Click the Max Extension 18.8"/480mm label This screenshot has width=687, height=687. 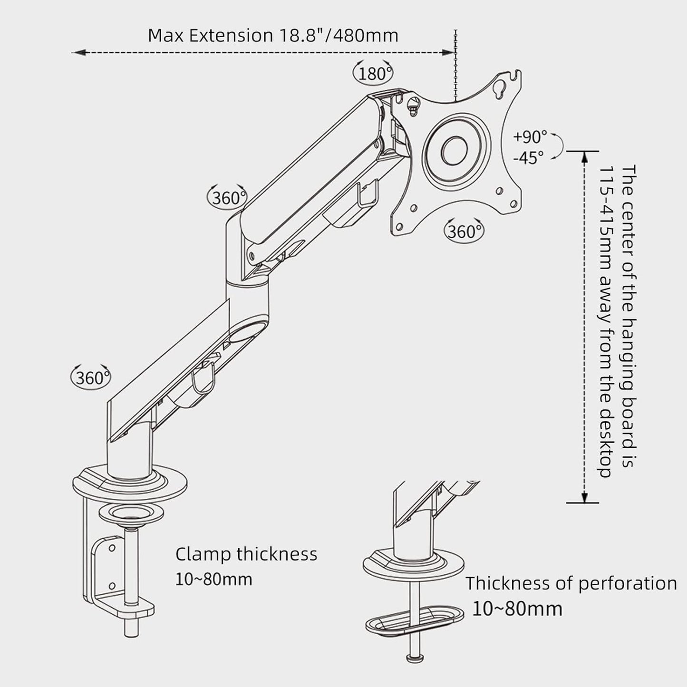273,36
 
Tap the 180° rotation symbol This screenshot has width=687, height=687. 374,73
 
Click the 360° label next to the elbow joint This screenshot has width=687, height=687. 227,197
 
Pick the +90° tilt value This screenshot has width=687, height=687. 530,137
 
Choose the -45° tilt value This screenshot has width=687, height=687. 528,157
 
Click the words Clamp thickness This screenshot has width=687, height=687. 246,554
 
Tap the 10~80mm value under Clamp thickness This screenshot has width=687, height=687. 213,579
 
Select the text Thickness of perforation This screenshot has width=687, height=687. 571,583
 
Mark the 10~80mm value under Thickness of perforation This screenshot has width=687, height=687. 517,609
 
